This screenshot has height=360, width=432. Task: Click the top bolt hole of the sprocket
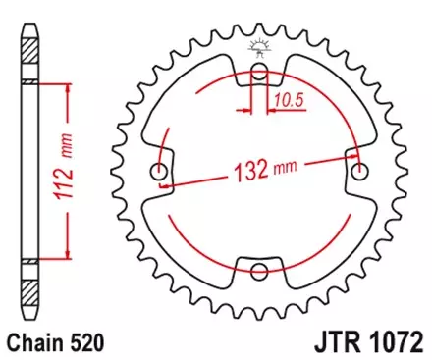pos(259,74)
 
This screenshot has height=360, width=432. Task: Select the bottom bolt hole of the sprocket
pos(259,273)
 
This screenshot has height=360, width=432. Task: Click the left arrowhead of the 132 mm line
pos(166,183)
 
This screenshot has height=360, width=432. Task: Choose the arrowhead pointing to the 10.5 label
pos(269,110)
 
